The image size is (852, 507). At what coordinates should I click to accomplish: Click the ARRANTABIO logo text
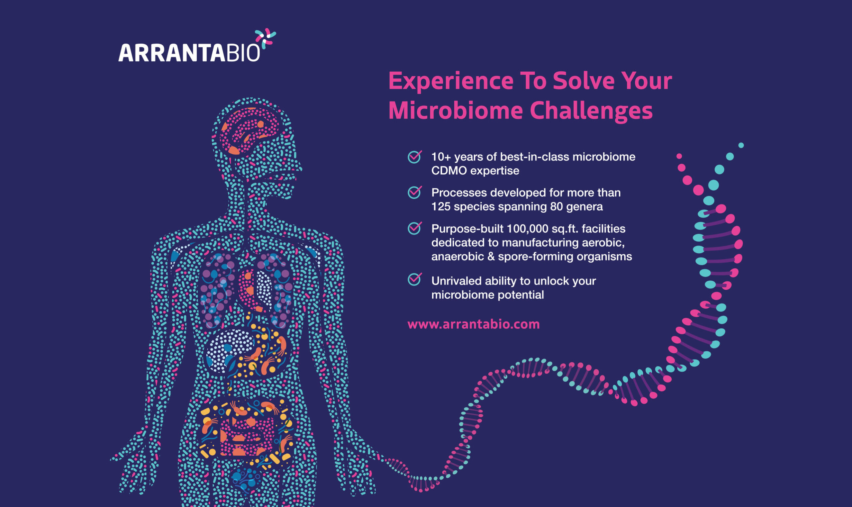click(189, 53)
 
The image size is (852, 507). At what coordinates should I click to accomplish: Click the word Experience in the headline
click(451, 81)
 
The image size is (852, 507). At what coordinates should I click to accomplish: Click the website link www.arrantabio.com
click(473, 324)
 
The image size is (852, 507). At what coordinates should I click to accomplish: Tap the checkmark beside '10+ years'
click(414, 157)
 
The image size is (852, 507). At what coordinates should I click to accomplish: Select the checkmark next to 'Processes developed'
click(414, 192)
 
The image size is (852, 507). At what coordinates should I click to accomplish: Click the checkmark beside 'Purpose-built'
click(414, 228)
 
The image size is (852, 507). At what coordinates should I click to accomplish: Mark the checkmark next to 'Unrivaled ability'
click(414, 279)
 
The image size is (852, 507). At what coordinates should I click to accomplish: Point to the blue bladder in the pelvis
click(245, 478)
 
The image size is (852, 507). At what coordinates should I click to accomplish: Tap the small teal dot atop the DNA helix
click(741, 145)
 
